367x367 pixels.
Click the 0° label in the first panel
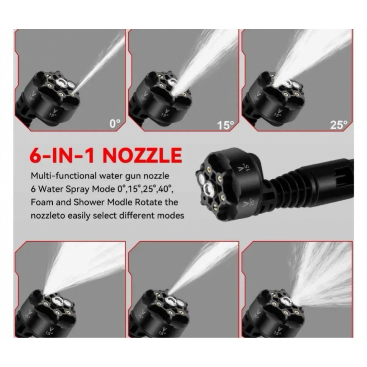coord(115,123)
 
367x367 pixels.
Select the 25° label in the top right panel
coord(339,125)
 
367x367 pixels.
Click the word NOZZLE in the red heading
coord(142,155)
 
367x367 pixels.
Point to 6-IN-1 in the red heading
coord(62,155)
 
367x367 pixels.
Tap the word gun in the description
coord(133,176)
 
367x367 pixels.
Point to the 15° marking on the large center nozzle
coord(243,167)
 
